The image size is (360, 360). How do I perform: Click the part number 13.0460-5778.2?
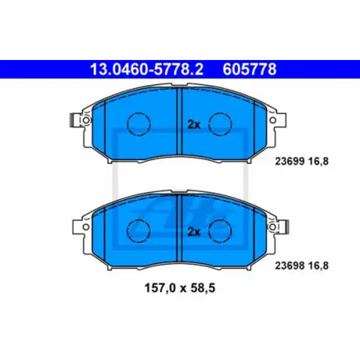coord(147,70)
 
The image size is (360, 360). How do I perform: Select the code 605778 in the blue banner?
coord(250,70)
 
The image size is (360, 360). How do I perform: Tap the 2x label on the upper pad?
coord(194,125)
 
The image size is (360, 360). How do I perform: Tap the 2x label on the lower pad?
coord(194,232)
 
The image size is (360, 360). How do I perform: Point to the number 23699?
coord(290,161)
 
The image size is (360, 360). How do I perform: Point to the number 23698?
coord(290,266)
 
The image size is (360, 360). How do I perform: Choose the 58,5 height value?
coord(202,288)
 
